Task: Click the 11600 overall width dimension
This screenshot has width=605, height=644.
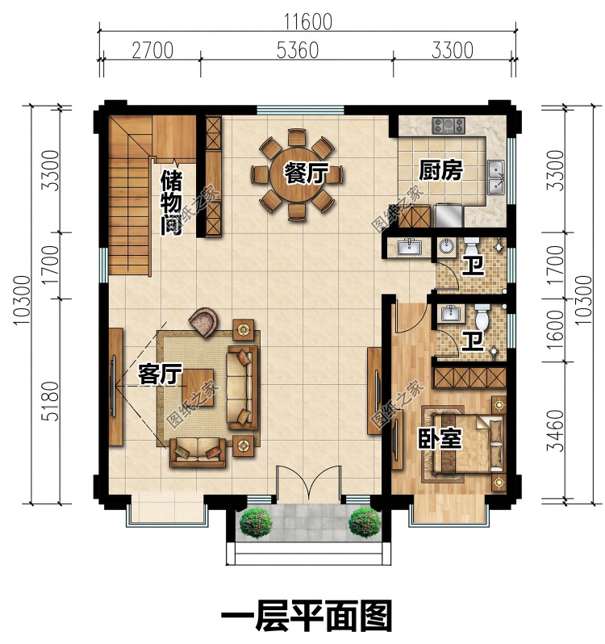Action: [x=308, y=21]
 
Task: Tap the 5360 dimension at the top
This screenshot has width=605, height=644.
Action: [x=297, y=51]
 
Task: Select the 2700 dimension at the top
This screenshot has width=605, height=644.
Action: [x=152, y=51]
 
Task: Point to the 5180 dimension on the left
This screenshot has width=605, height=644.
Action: [x=52, y=401]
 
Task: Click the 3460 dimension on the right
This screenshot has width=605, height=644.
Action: [x=555, y=430]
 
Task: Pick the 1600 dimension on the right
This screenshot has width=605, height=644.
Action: [x=555, y=329]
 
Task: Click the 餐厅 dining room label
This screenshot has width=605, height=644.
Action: [x=307, y=173]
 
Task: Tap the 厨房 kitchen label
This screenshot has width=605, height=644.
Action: [x=440, y=170]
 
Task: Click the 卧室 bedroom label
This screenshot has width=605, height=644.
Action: [x=440, y=439]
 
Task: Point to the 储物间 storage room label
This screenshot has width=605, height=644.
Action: [x=171, y=203]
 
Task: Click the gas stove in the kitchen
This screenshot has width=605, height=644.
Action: [x=449, y=125]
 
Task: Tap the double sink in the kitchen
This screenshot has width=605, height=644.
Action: [x=497, y=177]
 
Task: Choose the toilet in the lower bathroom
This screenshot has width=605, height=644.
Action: [x=482, y=315]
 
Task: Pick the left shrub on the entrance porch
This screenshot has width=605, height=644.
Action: [x=256, y=522]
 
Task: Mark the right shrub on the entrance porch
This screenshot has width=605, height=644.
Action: [x=365, y=522]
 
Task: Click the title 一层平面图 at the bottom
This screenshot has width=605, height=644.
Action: [x=307, y=614]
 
